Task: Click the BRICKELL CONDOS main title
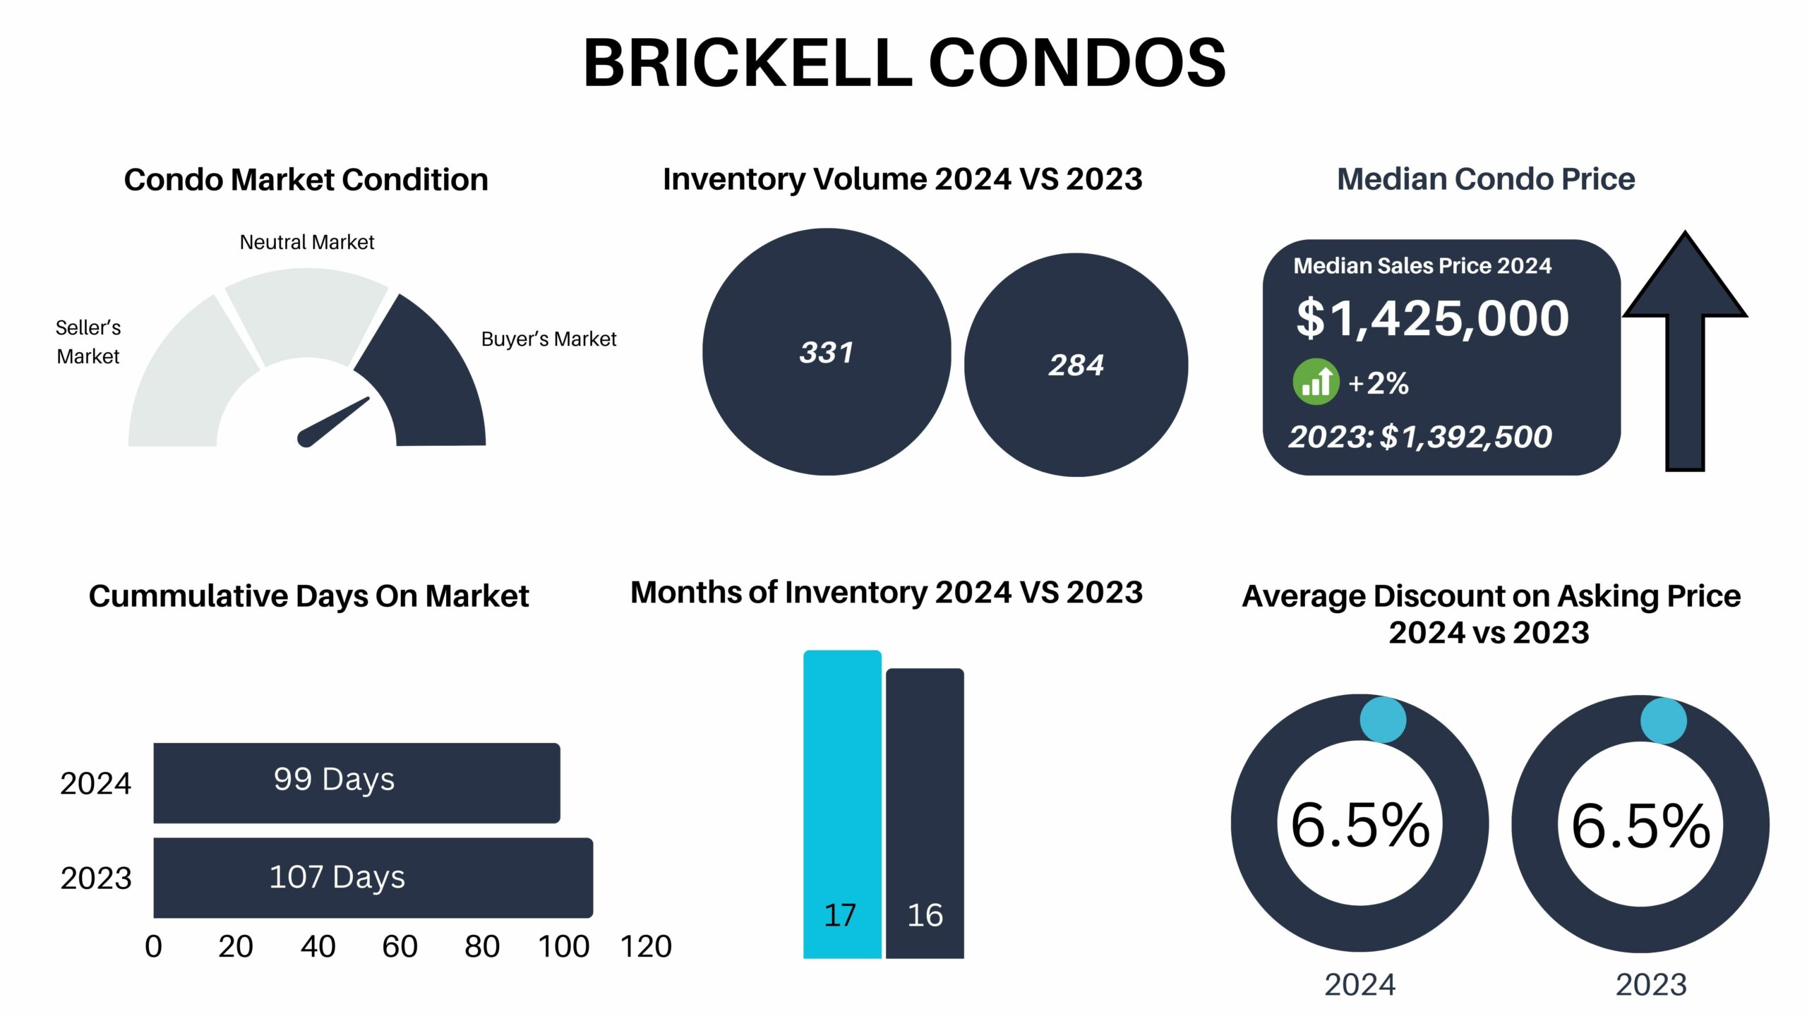pyautogui.click(x=904, y=63)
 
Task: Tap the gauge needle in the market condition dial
pyautogui.click(x=333, y=422)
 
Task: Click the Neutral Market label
pyautogui.click(x=307, y=242)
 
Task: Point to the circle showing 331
pyautogui.click(x=827, y=351)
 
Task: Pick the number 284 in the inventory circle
pyautogui.click(x=1076, y=365)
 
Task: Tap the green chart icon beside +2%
pyautogui.click(x=1316, y=382)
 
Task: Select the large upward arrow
pyautogui.click(x=1685, y=351)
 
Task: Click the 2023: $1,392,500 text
pyautogui.click(x=1420, y=437)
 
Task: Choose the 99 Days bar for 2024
pyautogui.click(x=356, y=782)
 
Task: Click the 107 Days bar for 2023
pyautogui.click(x=373, y=877)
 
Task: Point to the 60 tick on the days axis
pyautogui.click(x=400, y=946)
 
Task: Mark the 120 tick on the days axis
pyautogui.click(x=646, y=946)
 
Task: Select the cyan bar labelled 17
pyautogui.click(x=842, y=804)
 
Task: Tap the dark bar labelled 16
pyautogui.click(x=925, y=814)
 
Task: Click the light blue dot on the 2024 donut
pyautogui.click(x=1383, y=720)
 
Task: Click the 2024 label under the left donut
pyautogui.click(x=1359, y=984)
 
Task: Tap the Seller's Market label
pyautogui.click(x=88, y=341)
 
